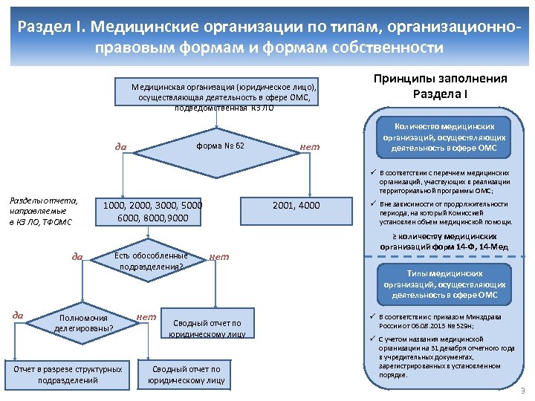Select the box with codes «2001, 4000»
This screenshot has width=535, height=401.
tap(296, 206)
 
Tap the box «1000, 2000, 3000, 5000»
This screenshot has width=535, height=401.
tap(152, 212)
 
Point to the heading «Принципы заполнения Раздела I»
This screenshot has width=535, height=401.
tap(440, 88)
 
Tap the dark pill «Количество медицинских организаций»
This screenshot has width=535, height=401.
tap(444, 137)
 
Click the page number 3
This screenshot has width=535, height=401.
tap(522, 391)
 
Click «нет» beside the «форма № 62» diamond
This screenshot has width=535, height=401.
tap(309, 146)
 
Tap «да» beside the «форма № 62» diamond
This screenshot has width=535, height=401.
tap(120, 146)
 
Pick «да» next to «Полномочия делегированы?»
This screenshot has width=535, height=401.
tap(17, 316)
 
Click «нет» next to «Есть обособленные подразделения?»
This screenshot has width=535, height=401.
tap(219, 257)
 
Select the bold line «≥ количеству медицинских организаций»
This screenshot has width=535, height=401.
tap(444, 242)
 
